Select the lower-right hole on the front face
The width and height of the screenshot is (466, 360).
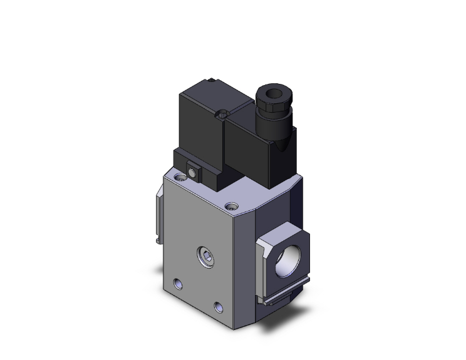[x=219, y=306]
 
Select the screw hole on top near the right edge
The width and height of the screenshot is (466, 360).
[x=234, y=205]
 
